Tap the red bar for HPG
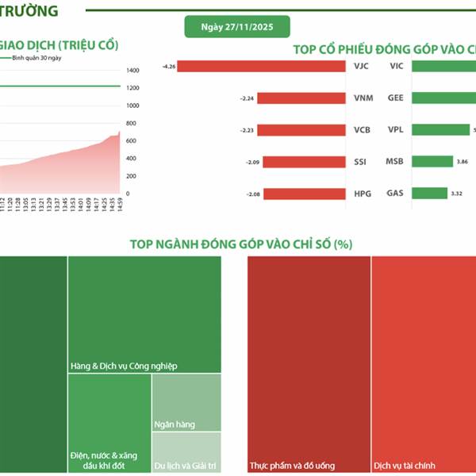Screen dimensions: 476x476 (x=305, y=194)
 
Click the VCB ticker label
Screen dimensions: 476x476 (x=360, y=130)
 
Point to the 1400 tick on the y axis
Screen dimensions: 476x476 (x=132, y=71)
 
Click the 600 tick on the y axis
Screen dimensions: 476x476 (x=132, y=141)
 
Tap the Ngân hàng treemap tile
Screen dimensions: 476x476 (x=186, y=402)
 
